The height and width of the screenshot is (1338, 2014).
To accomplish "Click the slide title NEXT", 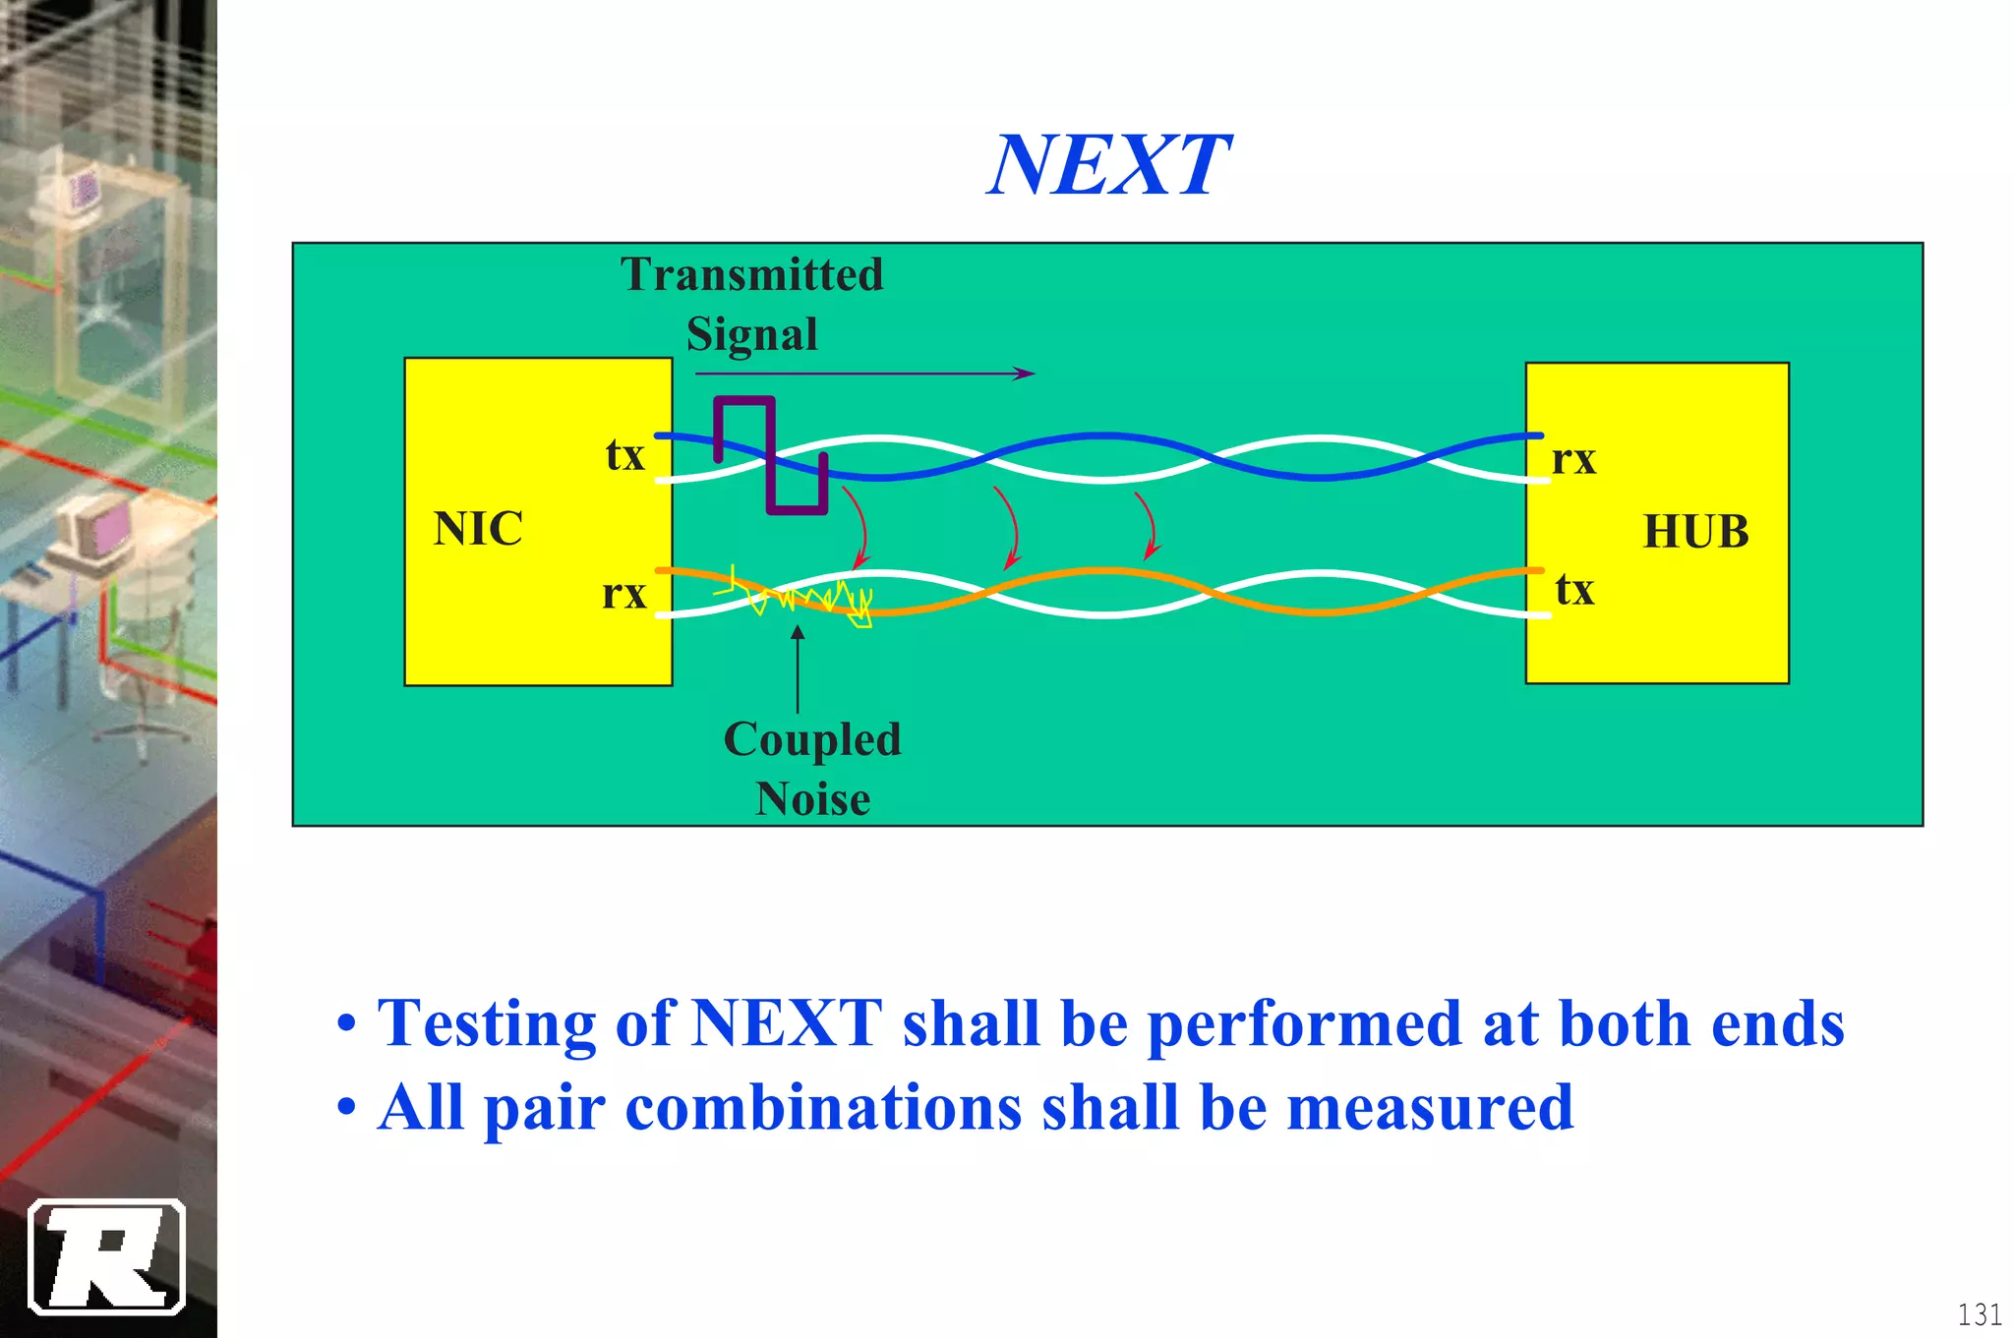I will click(x=1108, y=165).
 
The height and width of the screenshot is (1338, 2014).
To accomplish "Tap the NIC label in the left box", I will click(x=478, y=529).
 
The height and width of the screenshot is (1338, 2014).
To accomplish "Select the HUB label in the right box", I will click(x=1695, y=532).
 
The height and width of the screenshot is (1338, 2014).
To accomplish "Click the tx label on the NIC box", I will click(x=624, y=455).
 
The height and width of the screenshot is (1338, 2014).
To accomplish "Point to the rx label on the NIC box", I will click(x=623, y=594).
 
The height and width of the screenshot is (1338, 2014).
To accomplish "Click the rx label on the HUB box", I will click(x=1573, y=459).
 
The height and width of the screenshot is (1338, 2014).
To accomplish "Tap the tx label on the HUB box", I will click(x=1573, y=590).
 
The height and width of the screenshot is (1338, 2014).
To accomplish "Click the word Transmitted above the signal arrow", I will click(x=752, y=274).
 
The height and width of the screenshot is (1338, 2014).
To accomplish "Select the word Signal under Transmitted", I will click(x=752, y=334).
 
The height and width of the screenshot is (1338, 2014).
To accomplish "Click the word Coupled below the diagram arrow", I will click(x=812, y=739).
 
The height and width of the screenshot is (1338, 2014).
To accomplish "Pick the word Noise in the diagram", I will click(x=812, y=799).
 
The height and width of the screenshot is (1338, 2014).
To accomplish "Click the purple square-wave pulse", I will click(x=772, y=454).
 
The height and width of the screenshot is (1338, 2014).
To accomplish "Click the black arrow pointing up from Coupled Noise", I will click(x=798, y=669).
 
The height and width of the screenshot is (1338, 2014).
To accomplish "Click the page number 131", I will click(x=1979, y=1314).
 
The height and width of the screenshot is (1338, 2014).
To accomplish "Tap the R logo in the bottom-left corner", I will click(x=107, y=1256).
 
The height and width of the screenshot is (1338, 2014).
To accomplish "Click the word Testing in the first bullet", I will click(x=487, y=1024).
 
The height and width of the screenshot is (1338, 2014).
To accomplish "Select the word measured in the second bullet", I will click(x=1430, y=1108).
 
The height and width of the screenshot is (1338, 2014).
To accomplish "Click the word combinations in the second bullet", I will click(x=823, y=1108).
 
